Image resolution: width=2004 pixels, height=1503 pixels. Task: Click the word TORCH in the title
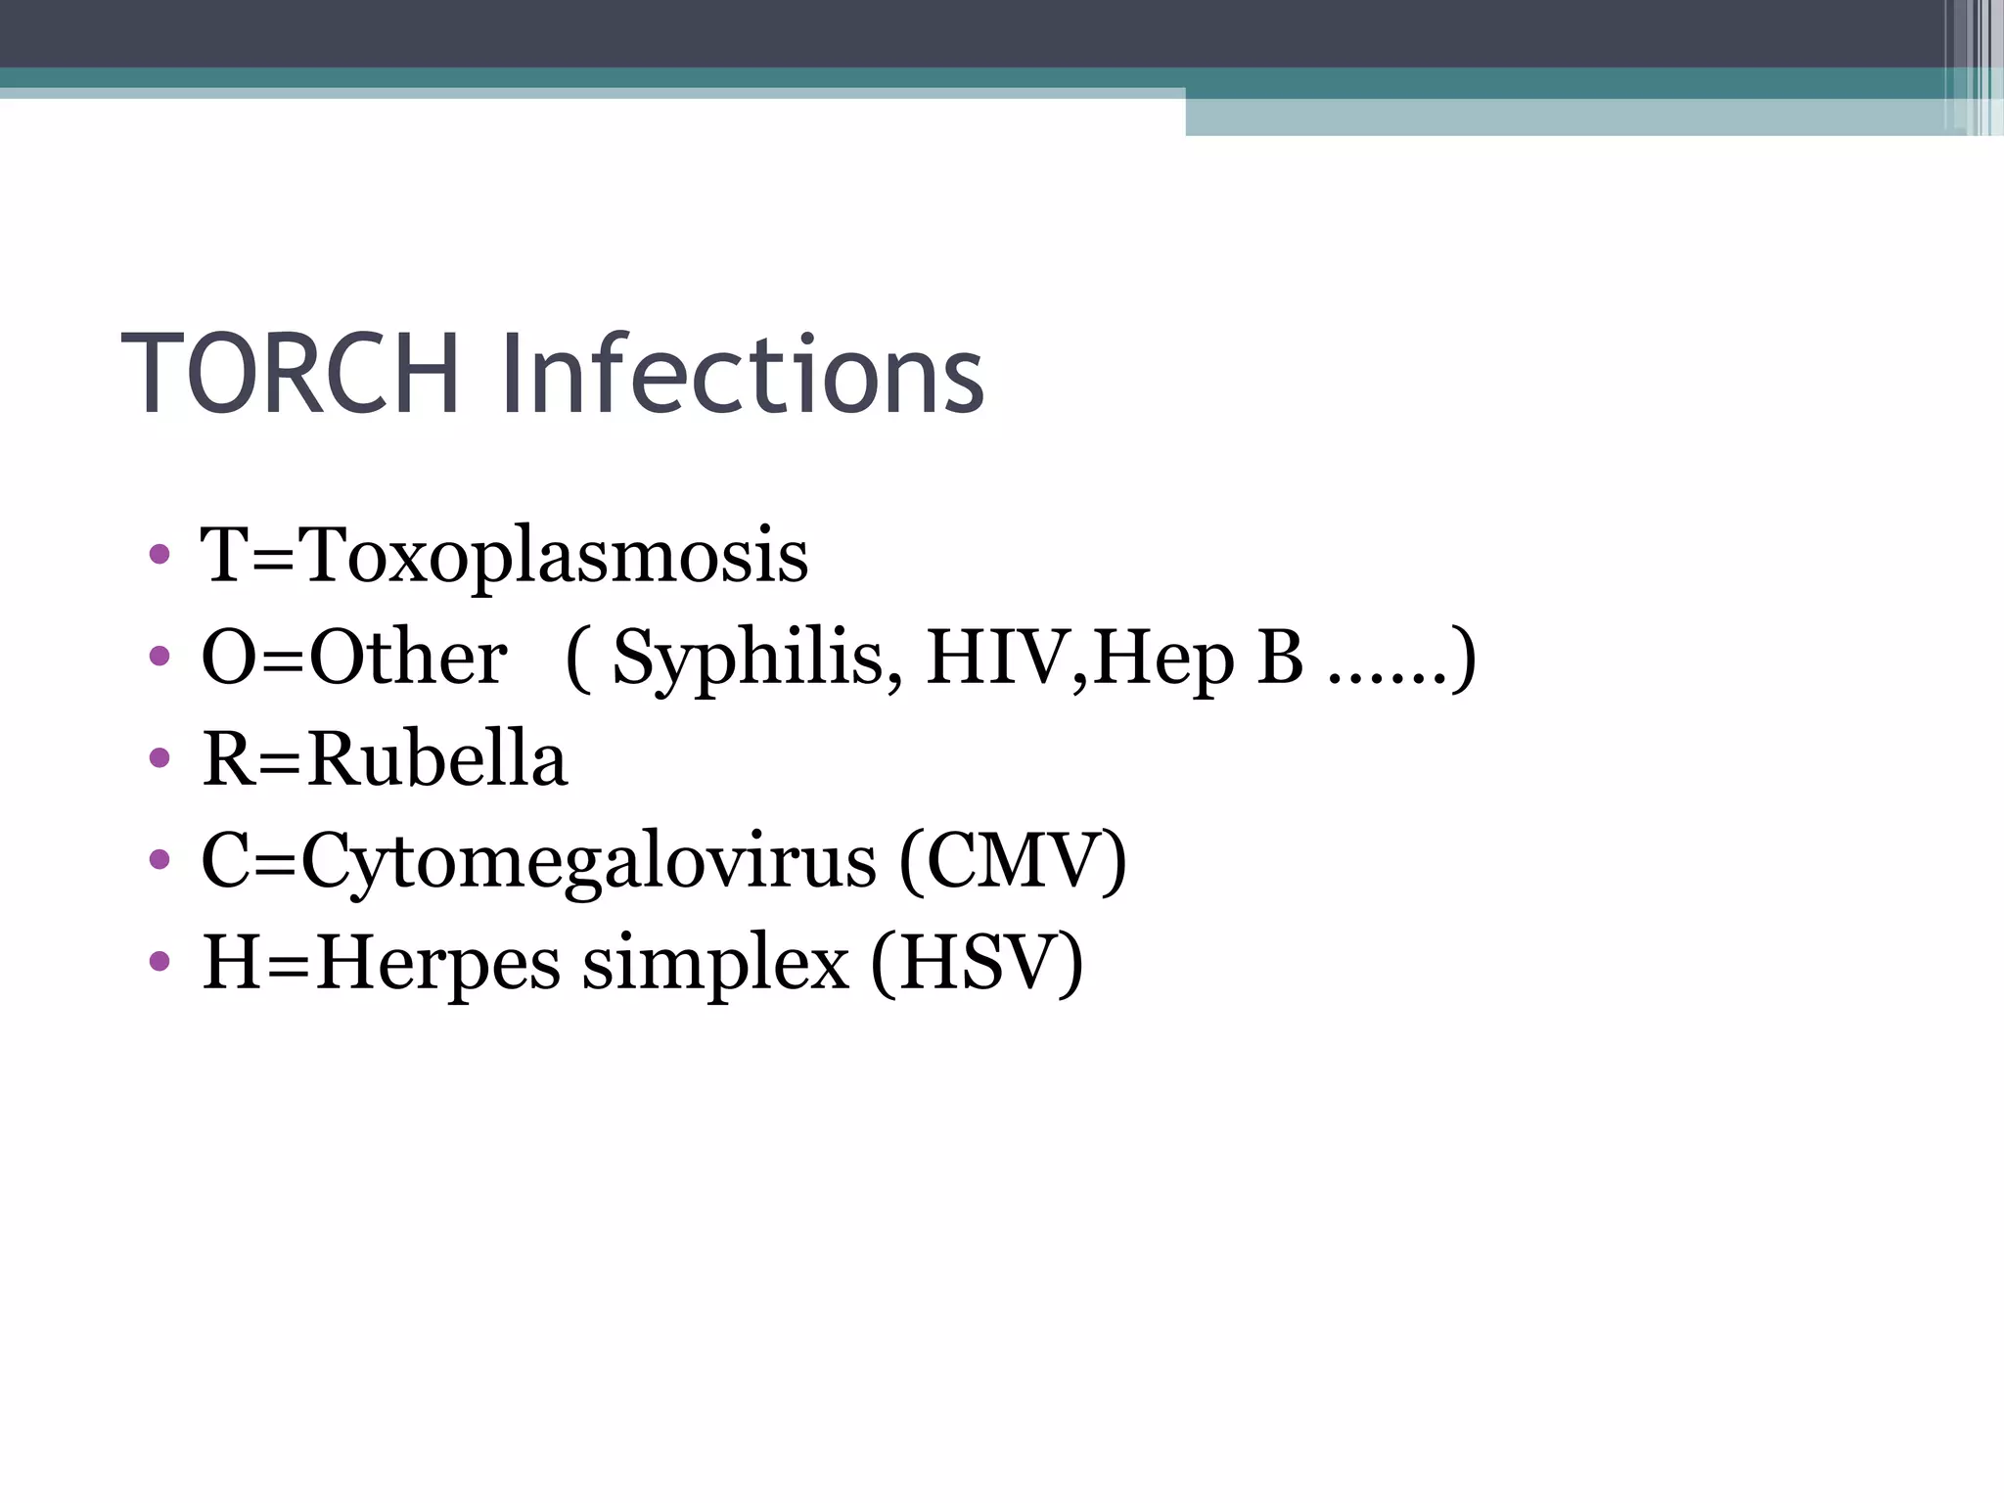point(291,375)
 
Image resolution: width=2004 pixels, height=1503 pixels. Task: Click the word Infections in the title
point(742,375)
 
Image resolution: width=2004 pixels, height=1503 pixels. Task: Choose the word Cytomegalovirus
point(589,861)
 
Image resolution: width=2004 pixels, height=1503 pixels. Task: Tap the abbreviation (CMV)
point(1013,861)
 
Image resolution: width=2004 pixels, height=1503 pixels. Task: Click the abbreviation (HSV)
point(977,963)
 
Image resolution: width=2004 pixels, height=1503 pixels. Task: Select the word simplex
point(715,965)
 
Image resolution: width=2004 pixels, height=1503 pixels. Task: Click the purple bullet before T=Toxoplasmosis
point(159,556)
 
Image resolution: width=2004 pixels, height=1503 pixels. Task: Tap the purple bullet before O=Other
point(159,657)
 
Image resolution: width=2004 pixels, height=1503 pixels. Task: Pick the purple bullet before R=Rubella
point(159,758)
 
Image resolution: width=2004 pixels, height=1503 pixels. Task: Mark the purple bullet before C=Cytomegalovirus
point(159,860)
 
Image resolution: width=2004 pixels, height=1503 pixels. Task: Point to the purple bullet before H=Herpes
point(159,961)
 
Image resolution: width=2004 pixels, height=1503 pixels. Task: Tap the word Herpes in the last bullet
point(437,965)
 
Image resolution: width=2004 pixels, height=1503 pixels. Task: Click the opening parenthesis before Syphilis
point(579,659)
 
